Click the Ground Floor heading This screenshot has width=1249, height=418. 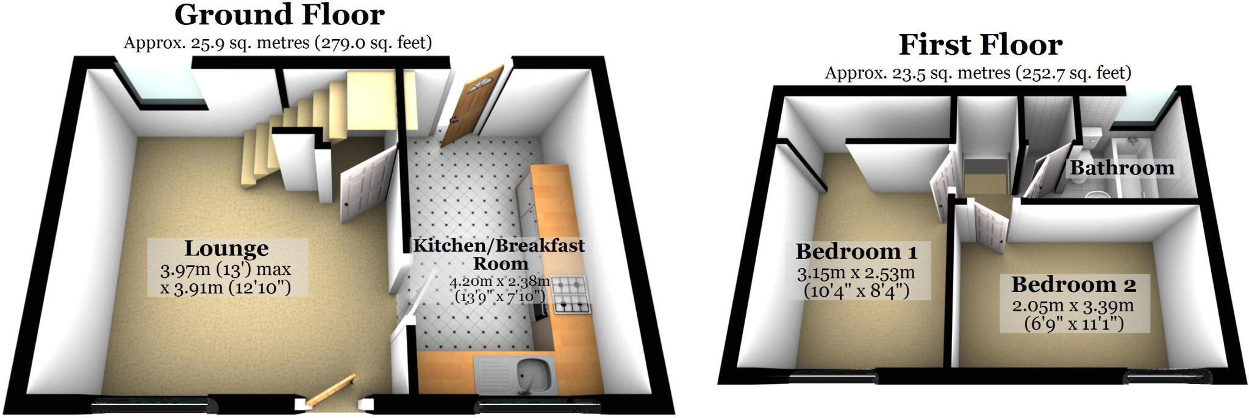[x=279, y=15]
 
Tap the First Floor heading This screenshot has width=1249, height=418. [x=980, y=45]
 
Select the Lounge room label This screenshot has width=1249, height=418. [x=226, y=249]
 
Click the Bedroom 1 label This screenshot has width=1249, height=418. [x=856, y=252]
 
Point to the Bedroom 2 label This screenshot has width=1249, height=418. [x=1073, y=285]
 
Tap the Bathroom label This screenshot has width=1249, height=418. [x=1122, y=168]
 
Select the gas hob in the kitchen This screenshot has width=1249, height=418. [x=571, y=295]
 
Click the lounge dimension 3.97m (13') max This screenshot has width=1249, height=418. [x=226, y=269]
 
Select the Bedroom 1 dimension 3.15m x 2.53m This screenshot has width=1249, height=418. [x=856, y=274]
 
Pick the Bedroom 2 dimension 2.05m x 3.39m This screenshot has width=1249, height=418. [x=1073, y=306]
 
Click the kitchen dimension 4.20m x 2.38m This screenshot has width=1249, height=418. [x=499, y=282]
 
